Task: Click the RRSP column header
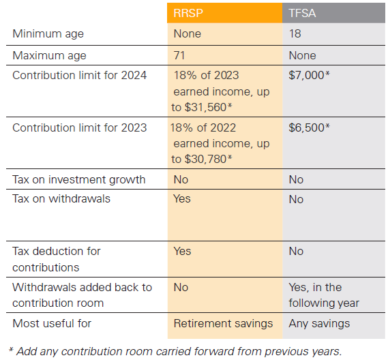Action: click(x=188, y=13)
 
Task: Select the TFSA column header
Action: click(x=302, y=13)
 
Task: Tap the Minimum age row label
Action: click(x=48, y=34)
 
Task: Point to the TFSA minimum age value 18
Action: click(x=295, y=33)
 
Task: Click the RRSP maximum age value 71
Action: click(x=179, y=55)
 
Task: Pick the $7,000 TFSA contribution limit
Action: click(x=309, y=75)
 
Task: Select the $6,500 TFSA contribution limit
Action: click(x=309, y=127)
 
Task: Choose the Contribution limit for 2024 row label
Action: click(x=79, y=75)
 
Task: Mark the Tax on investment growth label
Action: click(x=78, y=180)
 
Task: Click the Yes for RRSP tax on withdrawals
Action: click(x=182, y=198)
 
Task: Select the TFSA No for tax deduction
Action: click(x=296, y=251)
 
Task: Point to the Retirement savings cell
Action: click(x=223, y=324)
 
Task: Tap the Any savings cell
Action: click(x=319, y=324)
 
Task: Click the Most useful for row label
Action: click(x=52, y=324)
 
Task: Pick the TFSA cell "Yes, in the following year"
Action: click(x=324, y=295)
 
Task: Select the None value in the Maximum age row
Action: click(x=302, y=55)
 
